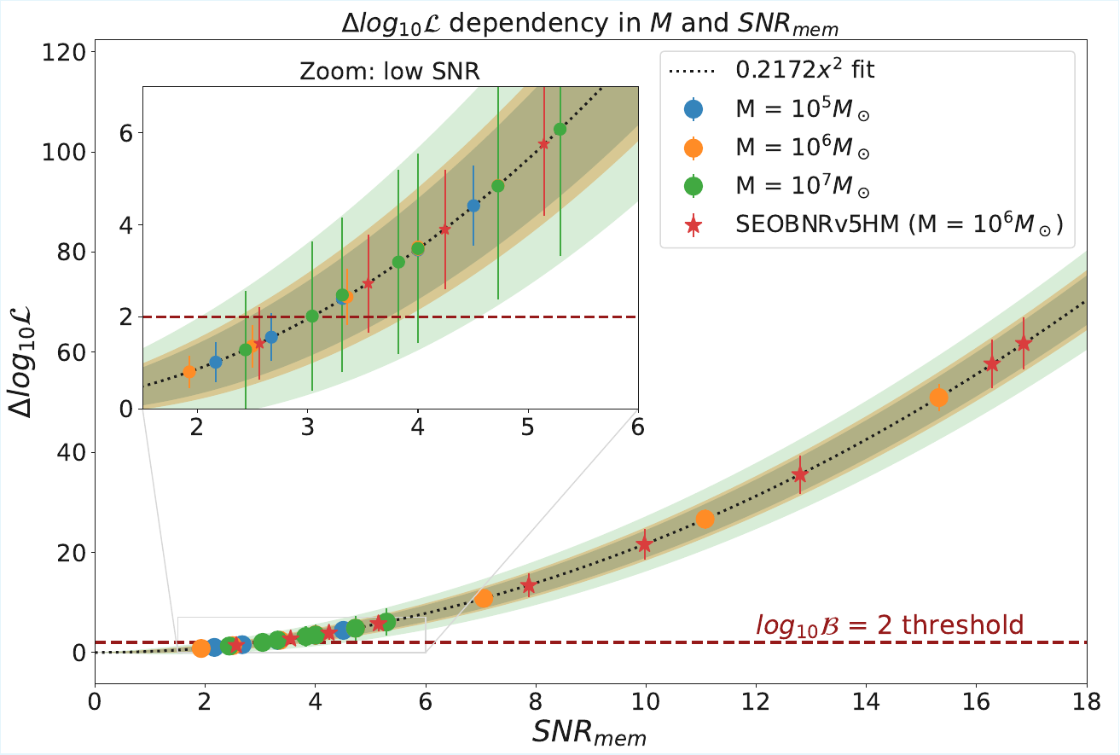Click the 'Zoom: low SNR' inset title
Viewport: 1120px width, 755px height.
coord(390,73)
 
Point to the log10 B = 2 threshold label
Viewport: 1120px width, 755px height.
coord(889,625)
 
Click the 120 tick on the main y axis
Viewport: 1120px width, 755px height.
coord(67,53)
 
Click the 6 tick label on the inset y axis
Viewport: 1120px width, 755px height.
coord(125,133)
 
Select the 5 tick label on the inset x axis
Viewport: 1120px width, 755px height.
coord(528,427)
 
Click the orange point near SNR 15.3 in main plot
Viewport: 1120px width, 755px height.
coord(938,398)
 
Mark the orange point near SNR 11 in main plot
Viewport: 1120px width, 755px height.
coord(705,519)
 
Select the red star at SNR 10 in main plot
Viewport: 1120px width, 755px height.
coord(645,544)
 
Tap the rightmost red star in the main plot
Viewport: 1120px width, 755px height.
coord(1024,344)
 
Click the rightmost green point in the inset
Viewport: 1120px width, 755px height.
coord(560,129)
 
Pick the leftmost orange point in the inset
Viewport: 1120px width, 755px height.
coord(189,372)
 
